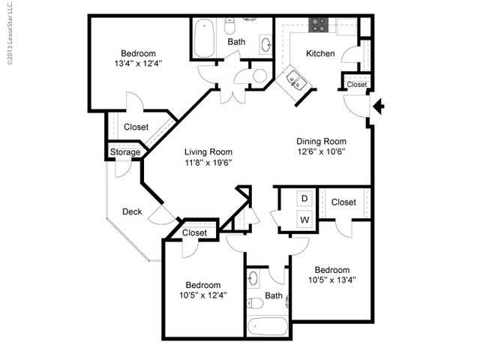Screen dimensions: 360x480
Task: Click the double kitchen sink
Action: pos(295,80)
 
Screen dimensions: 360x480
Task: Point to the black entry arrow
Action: pos(379,107)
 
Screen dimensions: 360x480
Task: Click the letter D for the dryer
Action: pos(304,199)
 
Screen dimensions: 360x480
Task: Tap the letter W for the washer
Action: pos(304,220)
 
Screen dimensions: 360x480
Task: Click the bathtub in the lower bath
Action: pos(267,327)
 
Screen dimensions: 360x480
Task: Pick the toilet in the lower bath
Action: pos(254,303)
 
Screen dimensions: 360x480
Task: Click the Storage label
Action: pos(125,152)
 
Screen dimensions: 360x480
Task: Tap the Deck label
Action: pos(132,211)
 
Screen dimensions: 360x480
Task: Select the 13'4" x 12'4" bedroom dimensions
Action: pos(139,64)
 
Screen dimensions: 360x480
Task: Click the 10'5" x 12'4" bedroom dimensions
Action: pos(202,295)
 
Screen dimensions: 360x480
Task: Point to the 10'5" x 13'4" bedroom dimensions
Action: pos(331,280)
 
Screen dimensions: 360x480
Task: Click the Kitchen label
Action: pos(320,53)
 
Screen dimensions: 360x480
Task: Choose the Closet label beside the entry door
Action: pos(357,85)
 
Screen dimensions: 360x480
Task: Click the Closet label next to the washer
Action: pos(343,202)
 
